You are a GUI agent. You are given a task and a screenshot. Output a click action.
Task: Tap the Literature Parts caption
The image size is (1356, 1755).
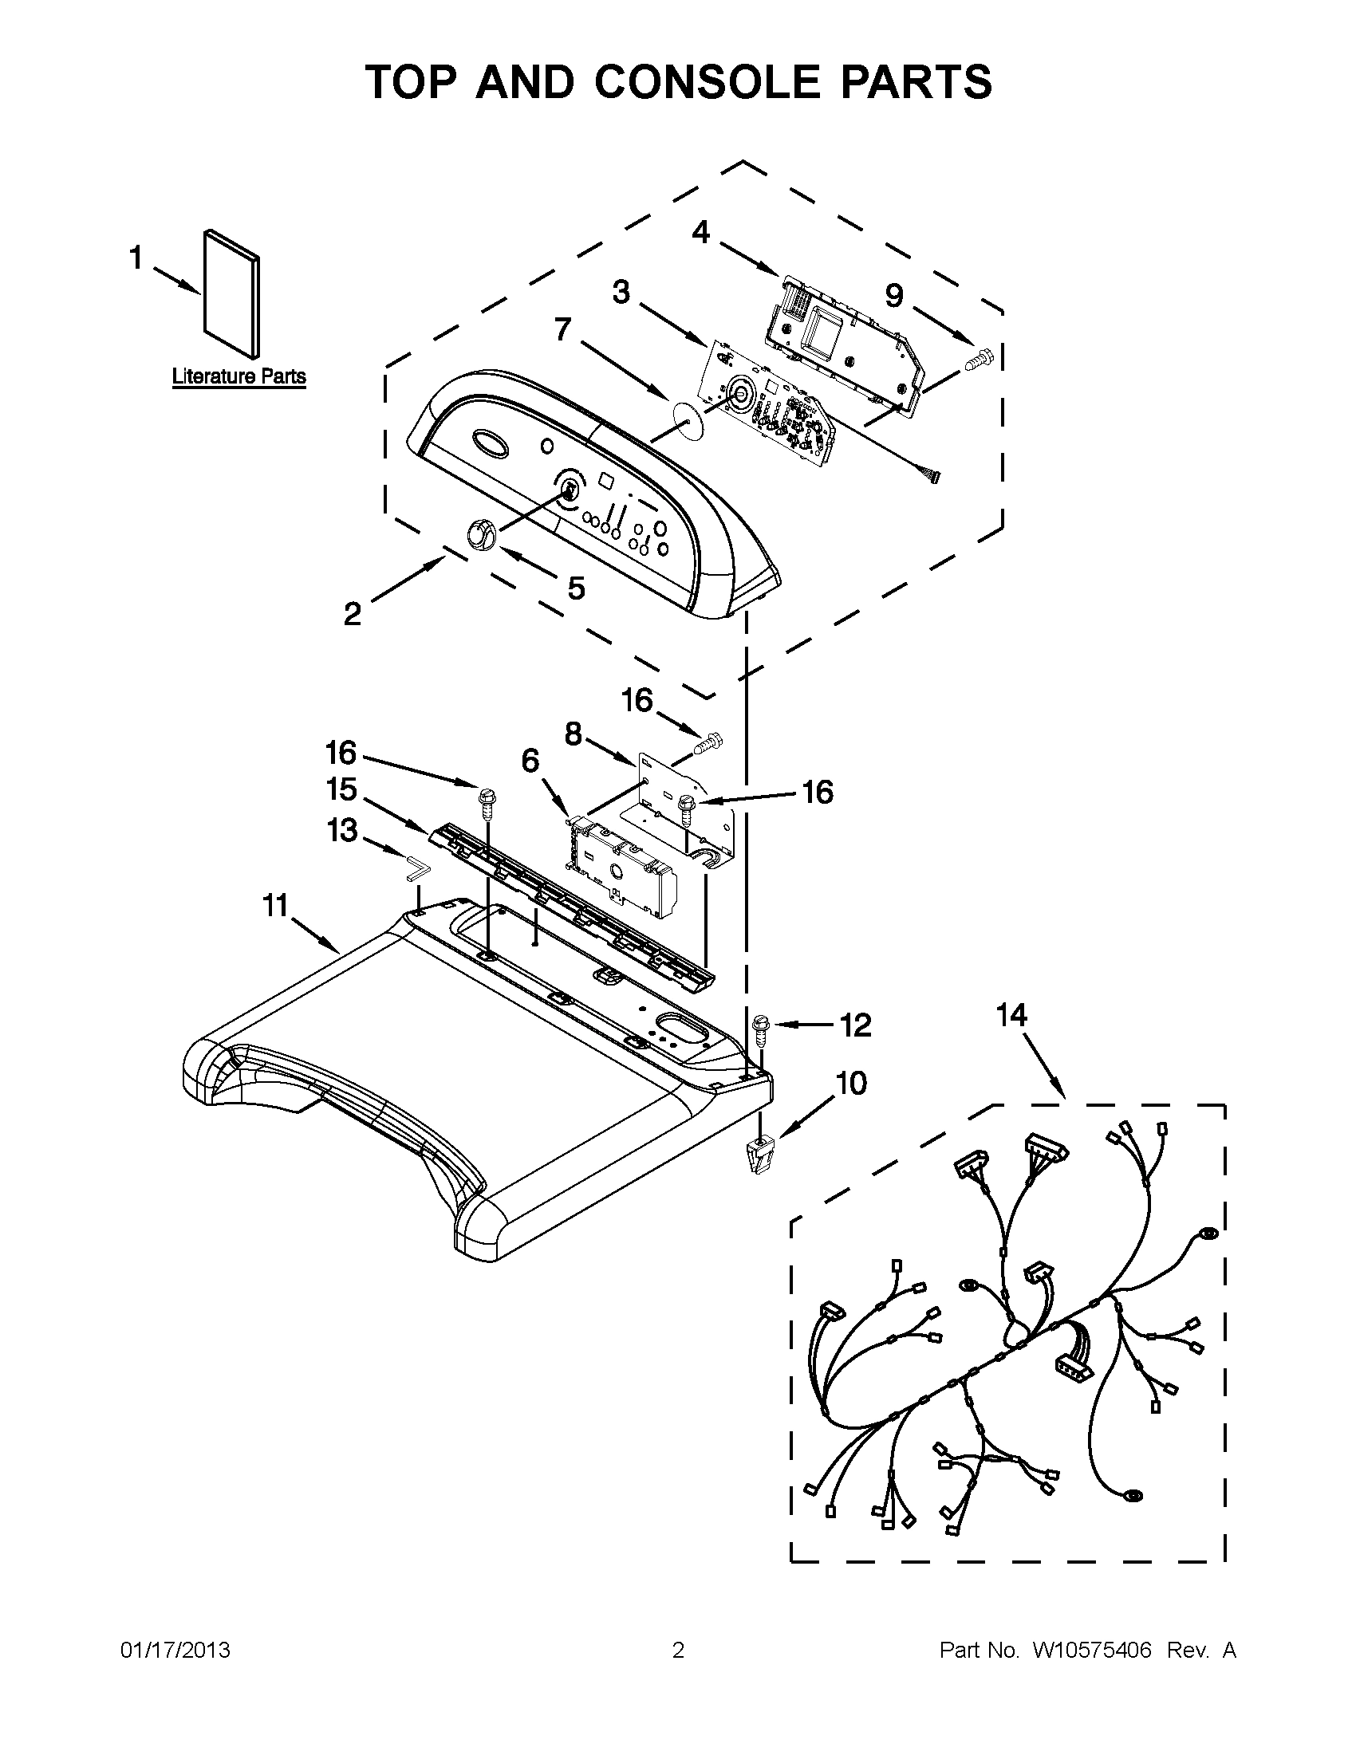(x=238, y=376)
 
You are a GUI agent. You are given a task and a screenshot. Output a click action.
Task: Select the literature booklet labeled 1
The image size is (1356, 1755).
(x=231, y=294)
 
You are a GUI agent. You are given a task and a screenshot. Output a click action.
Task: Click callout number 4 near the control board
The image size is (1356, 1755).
(x=701, y=233)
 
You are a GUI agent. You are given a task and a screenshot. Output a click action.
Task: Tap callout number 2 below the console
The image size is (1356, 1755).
(x=352, y=615)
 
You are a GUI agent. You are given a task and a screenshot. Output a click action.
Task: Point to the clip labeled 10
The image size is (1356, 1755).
(x=756, y=1157)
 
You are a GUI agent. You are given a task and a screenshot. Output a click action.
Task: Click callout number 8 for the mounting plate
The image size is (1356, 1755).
(x=573, y=734)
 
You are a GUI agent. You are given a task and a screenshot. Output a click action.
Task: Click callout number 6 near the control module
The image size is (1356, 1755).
(x=530, y=760)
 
